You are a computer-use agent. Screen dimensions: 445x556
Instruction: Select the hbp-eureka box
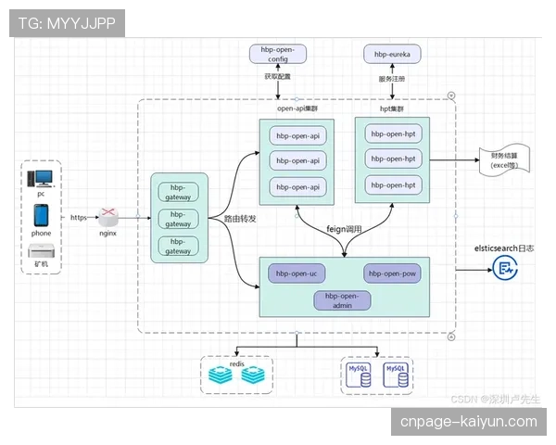(x=392, y=55)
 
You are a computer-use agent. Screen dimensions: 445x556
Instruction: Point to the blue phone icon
(x=42, y=215)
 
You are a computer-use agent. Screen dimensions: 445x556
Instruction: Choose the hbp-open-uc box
(x=296, y=273)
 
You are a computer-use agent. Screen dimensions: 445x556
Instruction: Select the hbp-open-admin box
(x=343, y=299)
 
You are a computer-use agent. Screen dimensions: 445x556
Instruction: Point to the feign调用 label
(x=346, y=228)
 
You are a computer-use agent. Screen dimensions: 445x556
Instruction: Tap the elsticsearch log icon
(x=503, y=270)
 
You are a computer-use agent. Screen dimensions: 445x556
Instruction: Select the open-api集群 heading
(x=297, y=108)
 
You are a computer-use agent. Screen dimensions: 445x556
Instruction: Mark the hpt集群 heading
(x=393, y=108)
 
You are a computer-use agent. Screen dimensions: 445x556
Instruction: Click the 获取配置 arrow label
(x=278, y=78)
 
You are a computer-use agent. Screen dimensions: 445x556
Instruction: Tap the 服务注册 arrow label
(x=392, y=79)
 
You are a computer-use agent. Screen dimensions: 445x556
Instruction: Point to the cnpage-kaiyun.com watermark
(x=468, y=422)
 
